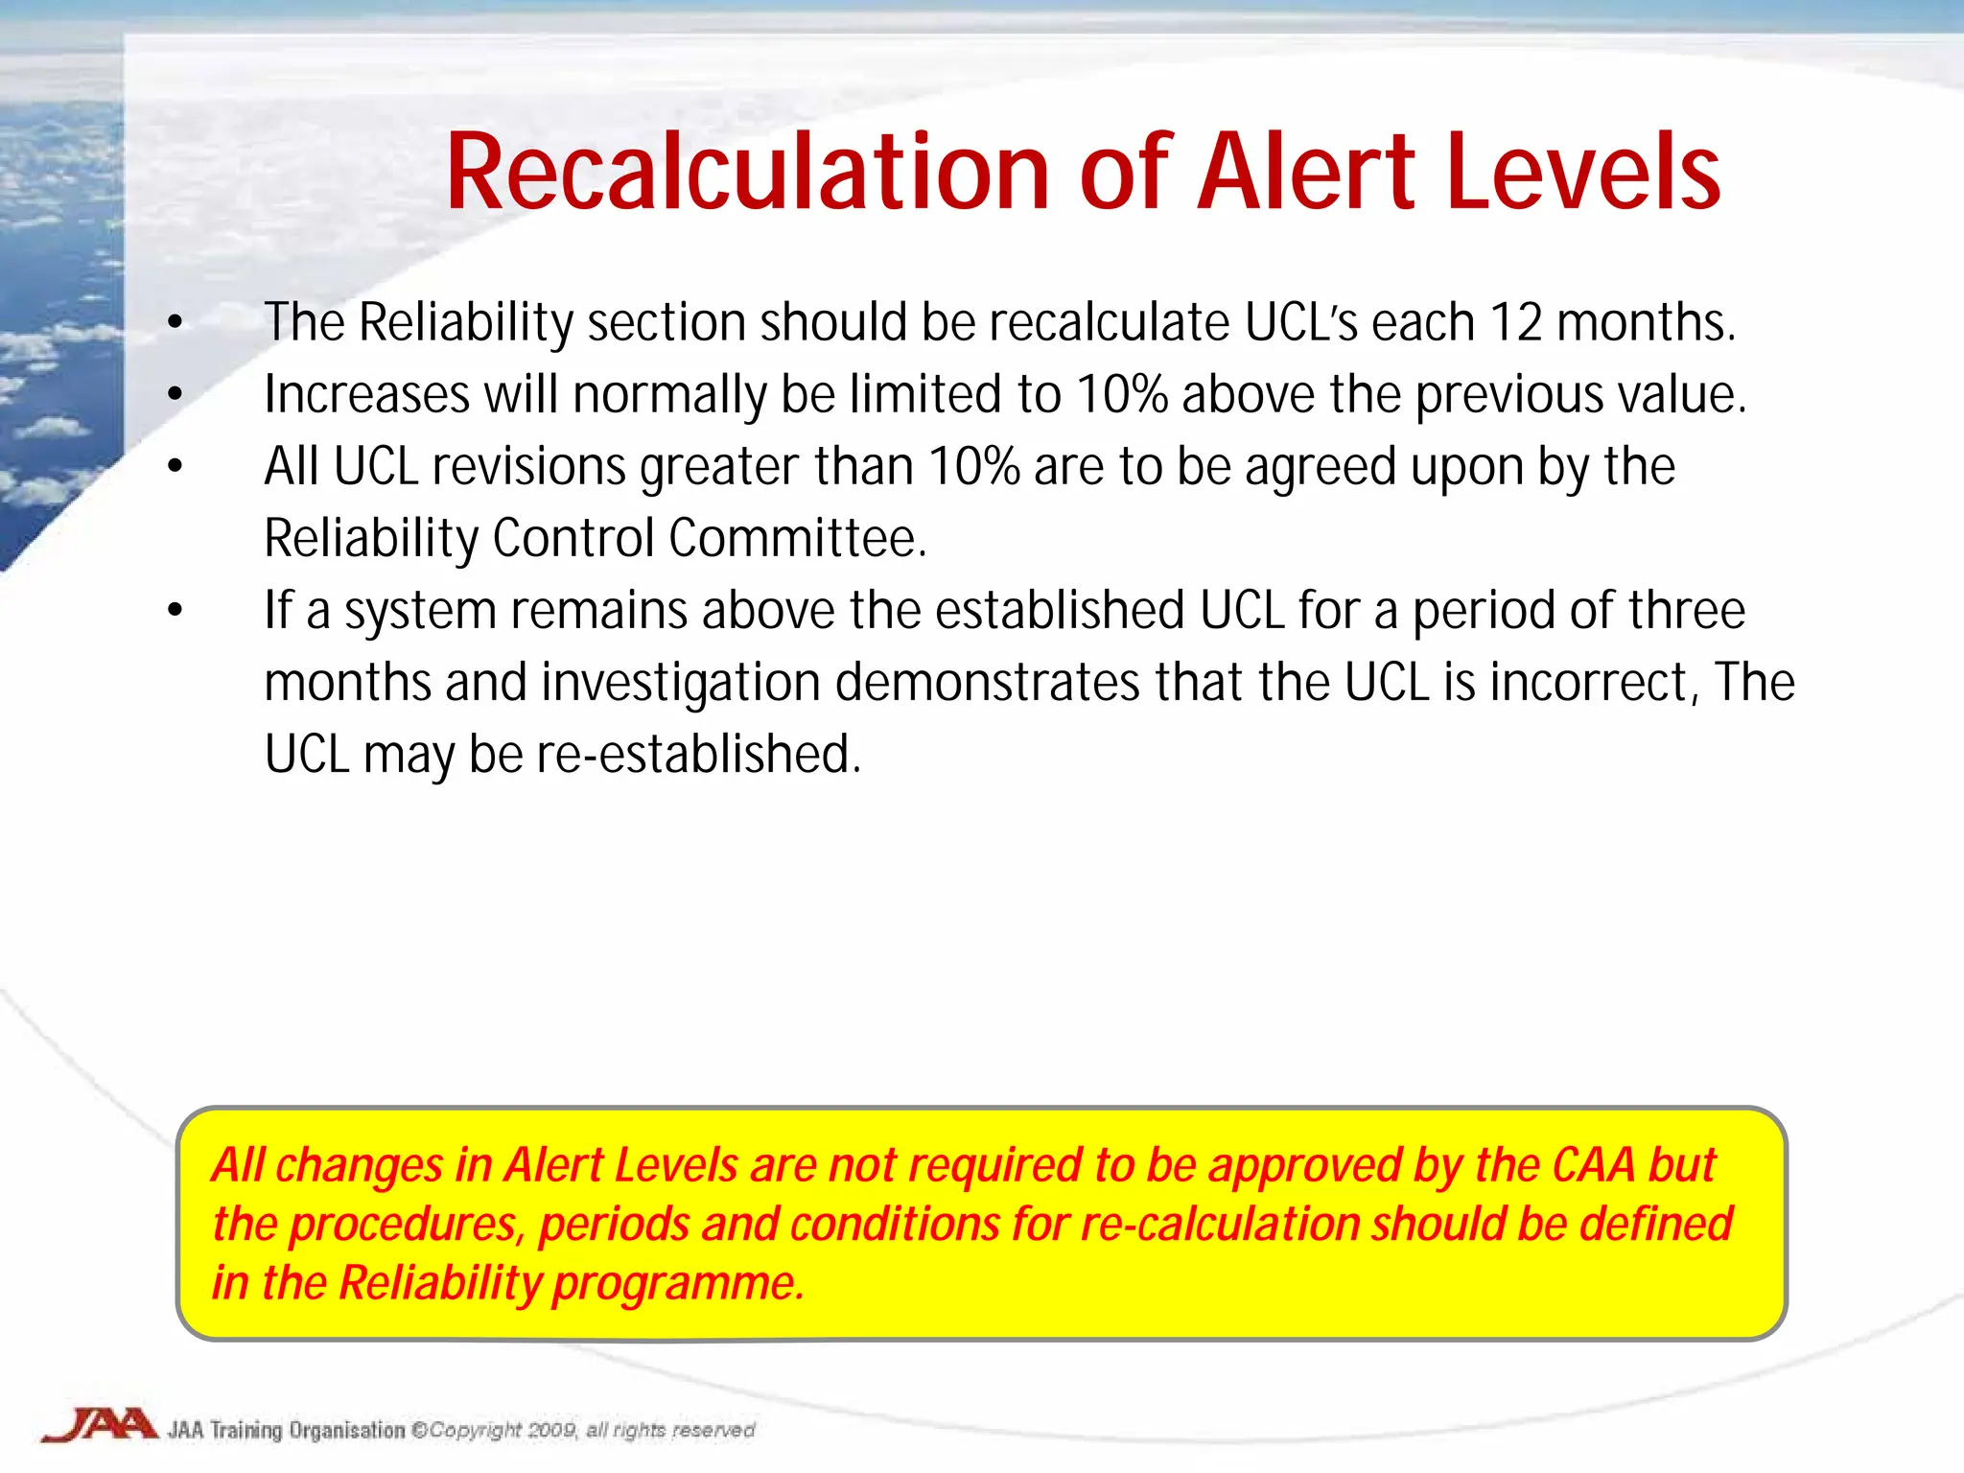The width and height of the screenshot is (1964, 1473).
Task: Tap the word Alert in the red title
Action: point(1306,173)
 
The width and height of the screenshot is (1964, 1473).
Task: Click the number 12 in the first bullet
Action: point(1515,322)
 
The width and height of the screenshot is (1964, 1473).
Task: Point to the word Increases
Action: point(366,395)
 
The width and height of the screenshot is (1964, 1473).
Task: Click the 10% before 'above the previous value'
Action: point(1121,395)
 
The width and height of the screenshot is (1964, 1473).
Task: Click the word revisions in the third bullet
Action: point(528,467)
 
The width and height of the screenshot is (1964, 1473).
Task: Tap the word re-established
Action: point(698,755)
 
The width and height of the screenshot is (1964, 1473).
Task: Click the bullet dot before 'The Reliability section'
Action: point(175,323)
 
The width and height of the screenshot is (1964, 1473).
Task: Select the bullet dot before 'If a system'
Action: point(175,611)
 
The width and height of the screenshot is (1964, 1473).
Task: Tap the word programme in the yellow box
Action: point(678,1283)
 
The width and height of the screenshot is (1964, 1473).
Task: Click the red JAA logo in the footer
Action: point(99,1425)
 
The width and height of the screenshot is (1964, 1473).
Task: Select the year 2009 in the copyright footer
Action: point(551,1430)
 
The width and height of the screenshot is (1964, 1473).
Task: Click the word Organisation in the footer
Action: point(347,1430)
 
